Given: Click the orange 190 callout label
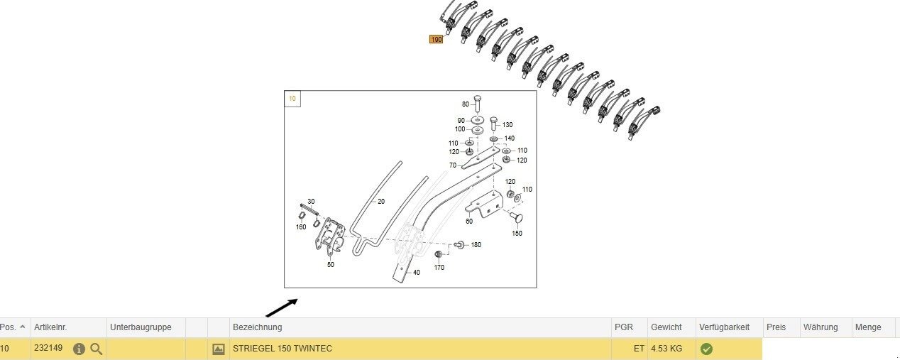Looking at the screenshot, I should click(436, 40).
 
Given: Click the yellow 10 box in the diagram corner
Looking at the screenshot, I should click(292, 99).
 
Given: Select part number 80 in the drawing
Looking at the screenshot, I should click(466, 104).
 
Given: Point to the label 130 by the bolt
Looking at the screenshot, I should click(507, 125).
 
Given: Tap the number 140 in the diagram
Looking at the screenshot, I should click(509, 138).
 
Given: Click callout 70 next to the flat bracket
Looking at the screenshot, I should click(452, 165).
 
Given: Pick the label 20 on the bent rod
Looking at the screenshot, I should click(380, 202).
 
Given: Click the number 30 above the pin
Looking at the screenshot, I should click(311, 202).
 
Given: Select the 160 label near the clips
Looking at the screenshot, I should click(301, 227).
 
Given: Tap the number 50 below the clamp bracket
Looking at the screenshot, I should click(330, 264).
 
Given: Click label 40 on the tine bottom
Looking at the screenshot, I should click(417, 273).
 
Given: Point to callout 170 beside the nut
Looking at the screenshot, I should click(439, 268).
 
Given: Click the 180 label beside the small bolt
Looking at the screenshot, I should click(476, 245).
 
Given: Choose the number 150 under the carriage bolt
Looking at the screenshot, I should click(517, 233).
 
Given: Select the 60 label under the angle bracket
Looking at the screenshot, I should click(468, 222).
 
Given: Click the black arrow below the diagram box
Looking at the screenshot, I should click(282, 307).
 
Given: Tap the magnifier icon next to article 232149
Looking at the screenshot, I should click(97, 349).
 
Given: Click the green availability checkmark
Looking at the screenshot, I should click(706, 349).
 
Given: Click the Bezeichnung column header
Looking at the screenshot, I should click(257, 327).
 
